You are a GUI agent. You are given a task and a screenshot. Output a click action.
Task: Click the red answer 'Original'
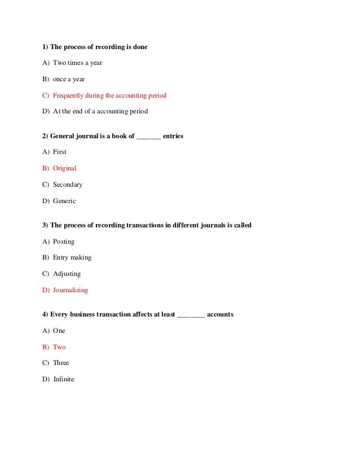tap(64, 168)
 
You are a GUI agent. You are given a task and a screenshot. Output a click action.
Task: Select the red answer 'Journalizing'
tap(70, 291)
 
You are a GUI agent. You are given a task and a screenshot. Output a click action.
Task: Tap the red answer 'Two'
tap(59, 347)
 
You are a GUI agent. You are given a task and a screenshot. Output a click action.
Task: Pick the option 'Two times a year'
tap(77, 63)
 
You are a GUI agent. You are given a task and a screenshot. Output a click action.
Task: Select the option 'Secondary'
tap(67, 184)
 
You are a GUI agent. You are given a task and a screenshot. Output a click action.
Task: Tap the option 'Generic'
tap(64, 201)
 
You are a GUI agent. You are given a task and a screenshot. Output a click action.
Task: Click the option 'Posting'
tap(63, 241)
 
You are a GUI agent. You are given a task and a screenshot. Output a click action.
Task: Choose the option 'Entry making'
tap(72, 258)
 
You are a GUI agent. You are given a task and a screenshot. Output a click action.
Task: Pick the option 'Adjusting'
tap(67, 274)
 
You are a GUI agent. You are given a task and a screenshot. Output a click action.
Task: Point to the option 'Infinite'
tap(63, 379)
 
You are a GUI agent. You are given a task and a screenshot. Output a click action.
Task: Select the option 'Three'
tap(60, 363)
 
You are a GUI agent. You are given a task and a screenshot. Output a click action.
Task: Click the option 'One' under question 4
tap(59, 331)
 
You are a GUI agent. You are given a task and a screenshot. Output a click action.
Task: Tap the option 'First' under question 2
tap(59, 152)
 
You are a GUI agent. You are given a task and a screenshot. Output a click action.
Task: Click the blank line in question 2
tap(148, 137)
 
